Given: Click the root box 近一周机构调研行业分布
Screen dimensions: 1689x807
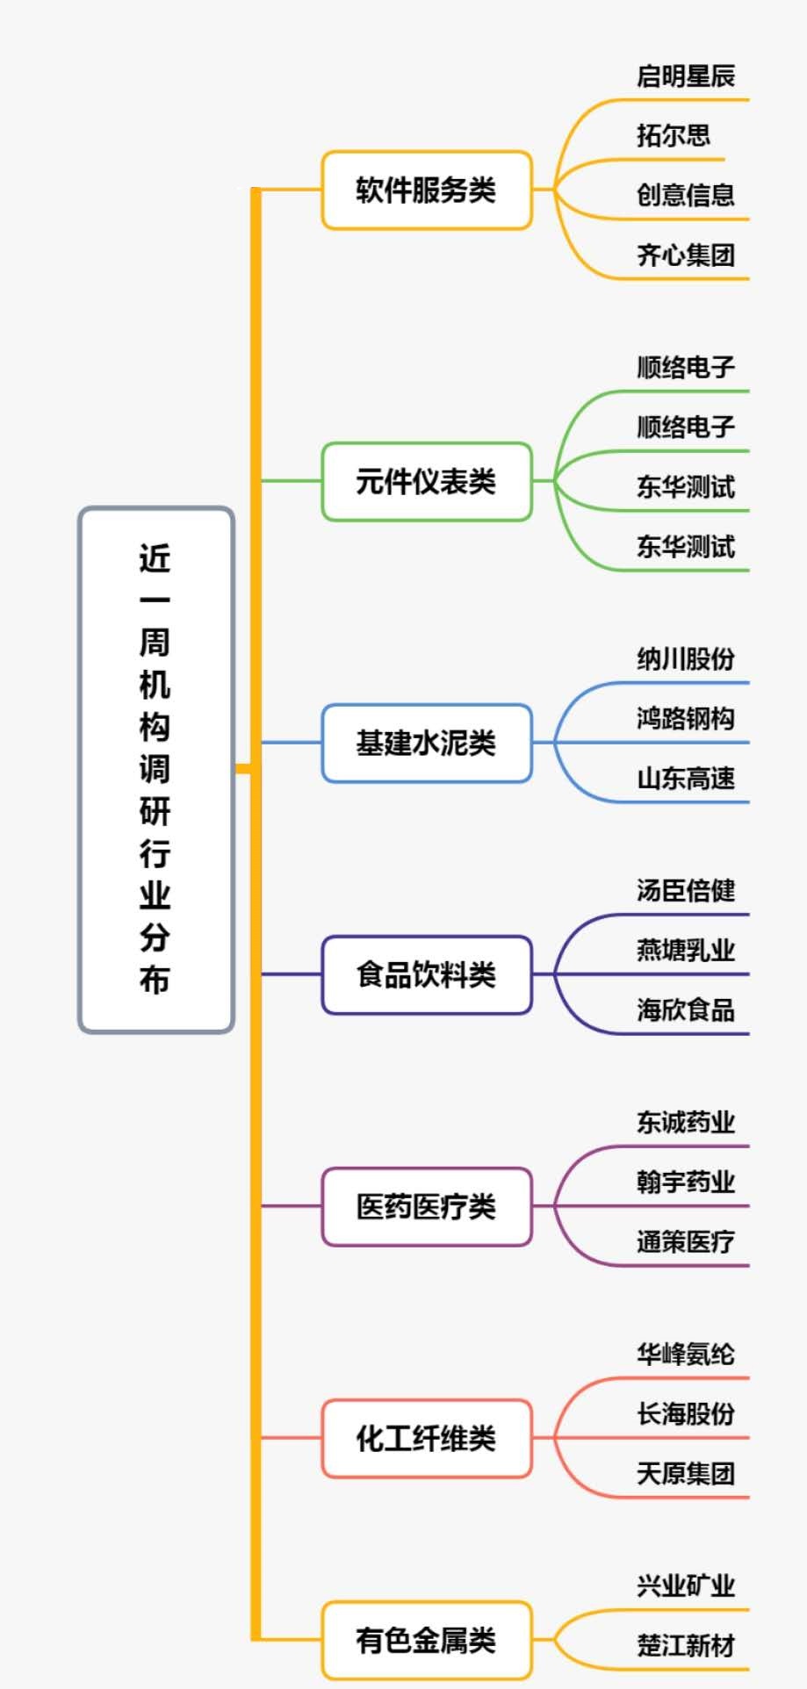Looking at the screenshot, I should [155, 769].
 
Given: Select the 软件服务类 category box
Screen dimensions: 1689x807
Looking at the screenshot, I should [426, 190].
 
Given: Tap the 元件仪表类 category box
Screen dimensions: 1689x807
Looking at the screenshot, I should [426, 481].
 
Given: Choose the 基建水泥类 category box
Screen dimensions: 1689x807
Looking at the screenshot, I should [426, 743].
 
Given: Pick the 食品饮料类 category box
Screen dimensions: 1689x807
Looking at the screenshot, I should [426, 974].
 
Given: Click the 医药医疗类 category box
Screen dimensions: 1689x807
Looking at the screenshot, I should [426, 1206].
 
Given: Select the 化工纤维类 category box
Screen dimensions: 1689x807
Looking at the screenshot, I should [426, 1438].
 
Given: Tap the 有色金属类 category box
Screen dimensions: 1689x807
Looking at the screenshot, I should [426, 1640].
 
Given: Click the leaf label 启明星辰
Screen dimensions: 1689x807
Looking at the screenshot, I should [685, 76].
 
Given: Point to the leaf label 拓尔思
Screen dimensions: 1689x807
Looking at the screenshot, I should [673, 135].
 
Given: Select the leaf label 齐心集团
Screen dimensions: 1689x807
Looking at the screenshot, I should [685, 255].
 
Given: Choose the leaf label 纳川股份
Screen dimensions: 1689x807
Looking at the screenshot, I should [685, 659].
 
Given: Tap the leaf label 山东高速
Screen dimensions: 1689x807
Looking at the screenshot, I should [685, 779].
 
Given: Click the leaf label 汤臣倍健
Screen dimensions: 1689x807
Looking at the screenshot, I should [685, 891].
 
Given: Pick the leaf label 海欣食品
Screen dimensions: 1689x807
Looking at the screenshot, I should [685, 1010].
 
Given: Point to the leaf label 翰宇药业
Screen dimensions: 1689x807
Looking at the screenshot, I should [685, 1182].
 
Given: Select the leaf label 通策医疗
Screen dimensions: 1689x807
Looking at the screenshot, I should [685, 1242].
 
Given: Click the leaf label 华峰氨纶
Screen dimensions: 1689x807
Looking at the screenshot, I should [685, 1355].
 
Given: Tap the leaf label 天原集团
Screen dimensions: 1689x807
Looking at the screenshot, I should [685, 1474].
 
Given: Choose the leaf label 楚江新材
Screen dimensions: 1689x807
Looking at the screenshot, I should [685, 1646].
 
